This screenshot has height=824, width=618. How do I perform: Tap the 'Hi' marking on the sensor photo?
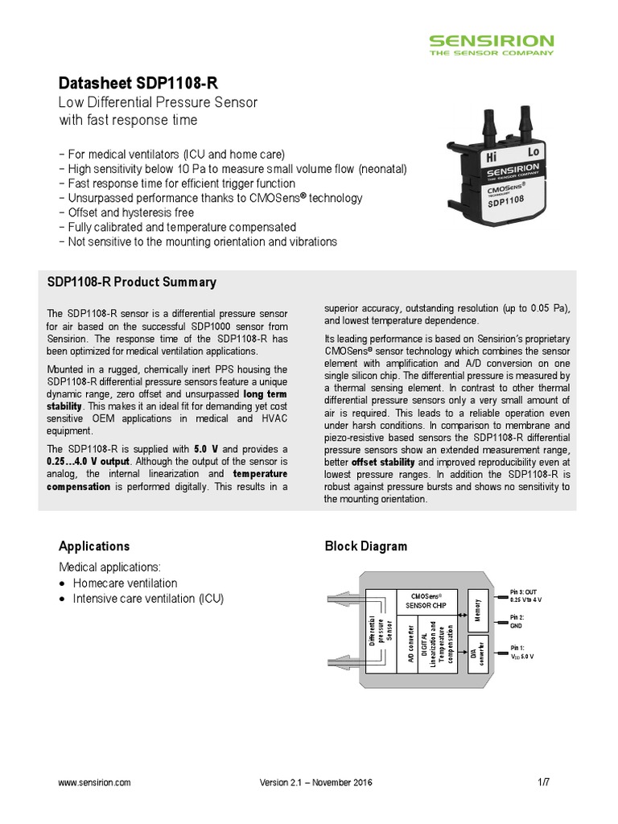tap(492, 158)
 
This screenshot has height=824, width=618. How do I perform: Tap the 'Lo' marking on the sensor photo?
tap(533, 150)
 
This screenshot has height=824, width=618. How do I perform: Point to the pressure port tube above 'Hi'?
tap(488, 128)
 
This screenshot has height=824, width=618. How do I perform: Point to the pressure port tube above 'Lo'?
tap(525, 125)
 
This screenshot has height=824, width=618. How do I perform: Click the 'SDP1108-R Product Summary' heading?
tap(132, 282)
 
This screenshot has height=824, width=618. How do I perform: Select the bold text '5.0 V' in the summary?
tap(207, 448)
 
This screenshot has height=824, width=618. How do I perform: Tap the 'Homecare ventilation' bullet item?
tap(125, 583)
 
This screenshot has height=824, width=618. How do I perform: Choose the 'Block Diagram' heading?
tap(365, 546)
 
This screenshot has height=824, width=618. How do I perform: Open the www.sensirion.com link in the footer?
tap(95, 782)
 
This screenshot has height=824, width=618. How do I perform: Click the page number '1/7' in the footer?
tap(543, 782)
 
